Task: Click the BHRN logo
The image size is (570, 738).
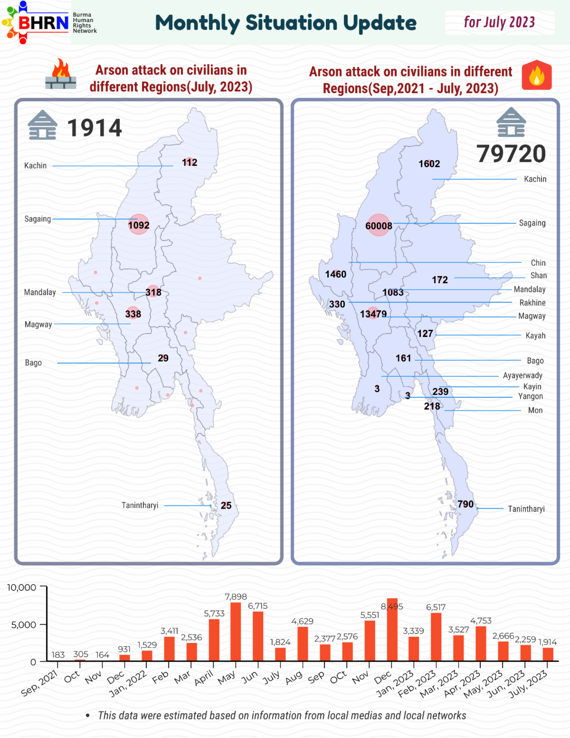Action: click(x=49, y=22)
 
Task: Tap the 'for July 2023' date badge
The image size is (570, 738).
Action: click(x=499, y=22)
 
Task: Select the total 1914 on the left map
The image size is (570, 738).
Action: click(x=95, y=128)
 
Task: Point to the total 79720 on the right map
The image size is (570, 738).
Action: click(x=511, y=153)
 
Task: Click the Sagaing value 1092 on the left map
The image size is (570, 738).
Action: click(x=139, y=225)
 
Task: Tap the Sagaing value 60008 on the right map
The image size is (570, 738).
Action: click(x=379, y=226)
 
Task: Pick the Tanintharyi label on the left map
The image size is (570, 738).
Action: click(x=140, y=505)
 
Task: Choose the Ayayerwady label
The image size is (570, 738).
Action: click(x=522, y=375)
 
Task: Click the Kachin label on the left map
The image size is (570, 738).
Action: click(x=35, y=165)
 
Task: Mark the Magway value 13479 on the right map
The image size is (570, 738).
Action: click(x=373, y=314)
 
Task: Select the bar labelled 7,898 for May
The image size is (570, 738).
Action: click(x=236, y=632)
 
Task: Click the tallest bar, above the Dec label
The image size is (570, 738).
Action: click(x=392, y=630)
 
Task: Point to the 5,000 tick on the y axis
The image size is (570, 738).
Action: click(x=23, y=625)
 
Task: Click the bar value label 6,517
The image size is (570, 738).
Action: click(x=436, y=607)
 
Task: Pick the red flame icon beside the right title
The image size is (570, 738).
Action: click(x=536, y=75)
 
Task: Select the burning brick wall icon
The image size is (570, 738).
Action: click(x=61, y=74)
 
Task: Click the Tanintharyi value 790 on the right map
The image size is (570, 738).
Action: click(x=465, y=504)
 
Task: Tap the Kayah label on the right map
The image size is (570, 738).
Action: click(x=535, y=335)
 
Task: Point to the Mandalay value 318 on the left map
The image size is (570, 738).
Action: click(x=153, y=292)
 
